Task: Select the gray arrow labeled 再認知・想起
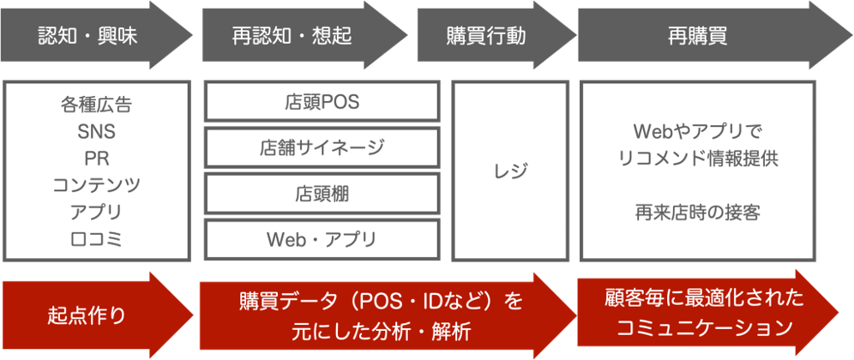[x=292, y=35]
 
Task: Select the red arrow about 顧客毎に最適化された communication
[x=699, y=314]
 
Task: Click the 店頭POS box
[x=322, y=102]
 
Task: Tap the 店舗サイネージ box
[x=322, y=147]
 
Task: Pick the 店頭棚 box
[x=322, y=194]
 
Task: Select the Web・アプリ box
[x=322, y=239]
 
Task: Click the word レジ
[x=510, y=171]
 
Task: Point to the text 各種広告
[x=96, y=105]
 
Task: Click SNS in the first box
[x=96, y=132]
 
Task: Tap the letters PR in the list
[x=96, y=159]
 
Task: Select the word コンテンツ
[x=96, y=185]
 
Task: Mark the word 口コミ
[x=96, y=239]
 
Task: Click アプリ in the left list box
[x=96, y=213]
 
